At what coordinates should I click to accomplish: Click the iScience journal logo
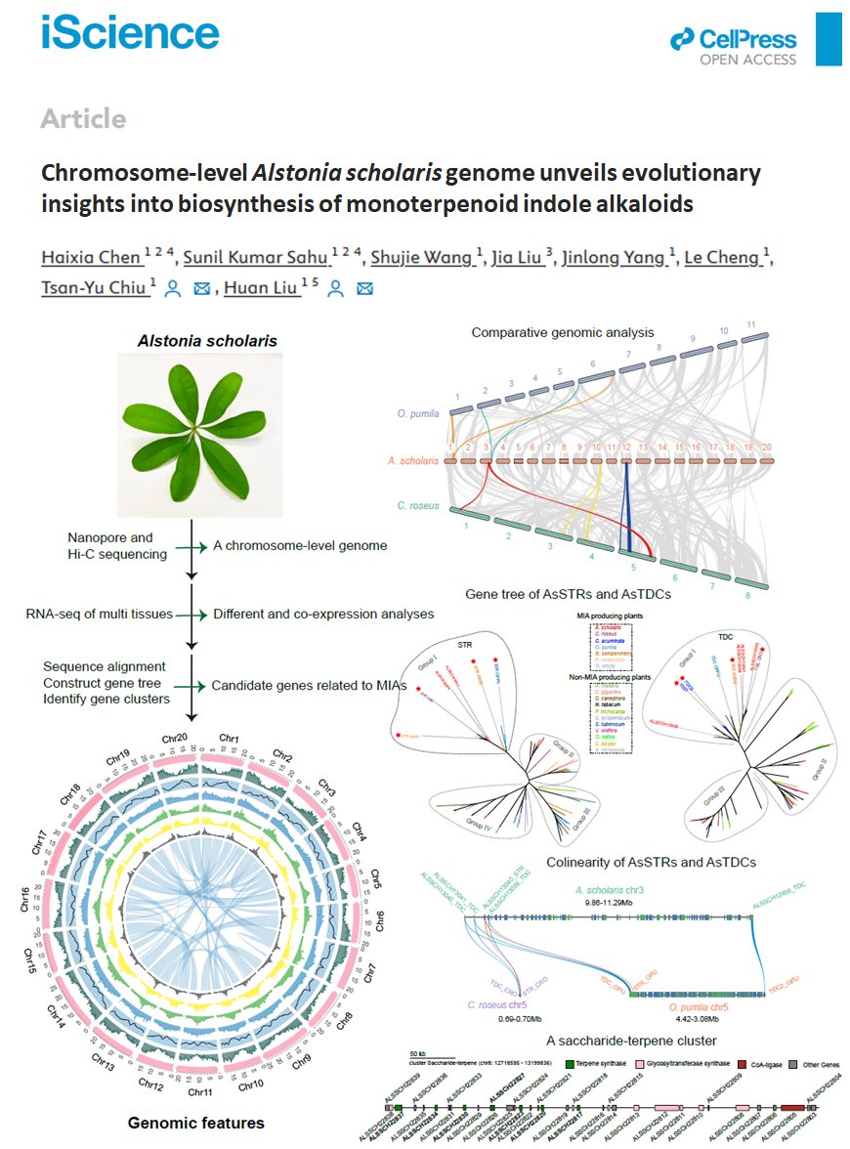click(130, 33)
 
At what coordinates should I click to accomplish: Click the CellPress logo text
click(746, 40)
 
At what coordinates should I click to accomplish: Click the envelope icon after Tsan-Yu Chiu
click(202, 288)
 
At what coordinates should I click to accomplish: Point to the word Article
click(83, 119)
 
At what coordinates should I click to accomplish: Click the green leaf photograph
click(199, 434)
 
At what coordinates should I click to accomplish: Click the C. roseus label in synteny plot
click(417, 506)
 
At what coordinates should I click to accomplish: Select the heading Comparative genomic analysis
click(563, 332)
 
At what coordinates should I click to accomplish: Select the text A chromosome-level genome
click(300, 545)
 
